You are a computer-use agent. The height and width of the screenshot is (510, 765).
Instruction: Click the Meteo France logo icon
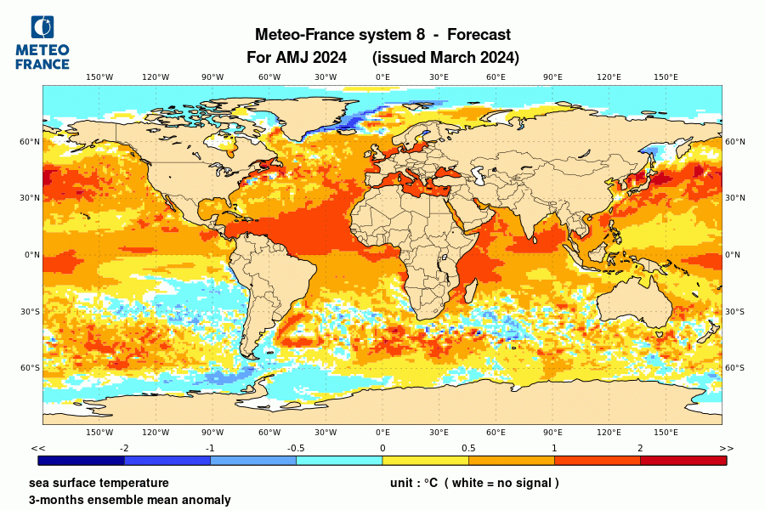42,28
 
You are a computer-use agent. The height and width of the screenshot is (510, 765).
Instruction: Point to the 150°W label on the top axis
99,77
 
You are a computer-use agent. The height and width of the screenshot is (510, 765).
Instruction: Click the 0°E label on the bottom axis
382,433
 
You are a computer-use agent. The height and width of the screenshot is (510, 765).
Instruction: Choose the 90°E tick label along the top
552,77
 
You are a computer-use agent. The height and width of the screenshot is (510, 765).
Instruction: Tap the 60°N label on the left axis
31,142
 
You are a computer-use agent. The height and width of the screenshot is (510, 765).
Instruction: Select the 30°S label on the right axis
734,311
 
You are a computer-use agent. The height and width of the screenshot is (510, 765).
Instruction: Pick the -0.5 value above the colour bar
297,448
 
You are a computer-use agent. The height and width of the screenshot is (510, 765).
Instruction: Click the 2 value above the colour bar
640,448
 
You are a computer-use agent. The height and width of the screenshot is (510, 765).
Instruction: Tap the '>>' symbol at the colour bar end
726,448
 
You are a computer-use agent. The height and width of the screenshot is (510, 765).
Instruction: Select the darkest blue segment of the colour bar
82,460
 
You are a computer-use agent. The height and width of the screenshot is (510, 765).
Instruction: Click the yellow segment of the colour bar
425,460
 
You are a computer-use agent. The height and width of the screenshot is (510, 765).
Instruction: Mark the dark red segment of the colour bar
683,460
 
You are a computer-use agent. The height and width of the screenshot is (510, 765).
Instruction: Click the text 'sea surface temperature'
99,483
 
